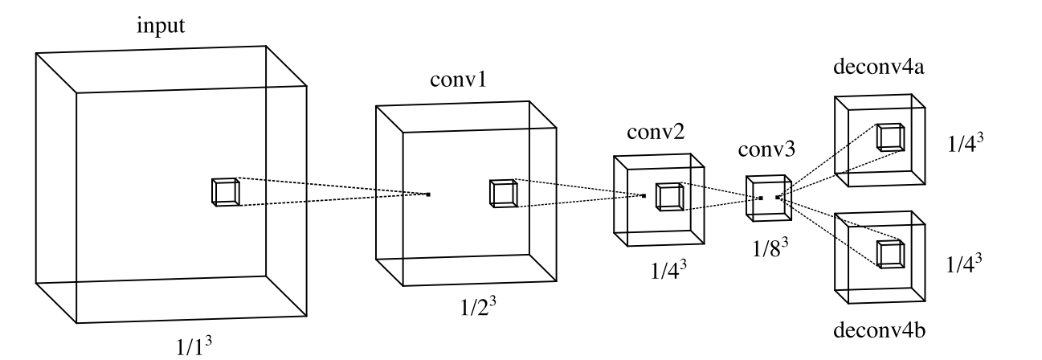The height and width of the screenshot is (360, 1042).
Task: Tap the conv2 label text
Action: tap(657, 135)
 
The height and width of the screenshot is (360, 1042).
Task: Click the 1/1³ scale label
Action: tap(195, 347)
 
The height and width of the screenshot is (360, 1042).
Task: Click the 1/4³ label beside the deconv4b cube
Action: tap(966, 263)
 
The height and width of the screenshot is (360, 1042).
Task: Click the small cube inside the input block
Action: tap(225, 191)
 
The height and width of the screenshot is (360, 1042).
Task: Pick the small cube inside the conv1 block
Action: tap(502, 193)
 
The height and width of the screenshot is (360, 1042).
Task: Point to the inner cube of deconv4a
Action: tap(889, 137)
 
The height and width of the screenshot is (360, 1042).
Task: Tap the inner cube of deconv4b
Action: tap(889, 253)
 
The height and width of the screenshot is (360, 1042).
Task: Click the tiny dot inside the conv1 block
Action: tap(429, 194)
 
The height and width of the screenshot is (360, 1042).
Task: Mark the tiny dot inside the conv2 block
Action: tap(644, 195)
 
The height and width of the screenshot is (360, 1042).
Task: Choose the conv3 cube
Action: tap(769, 196)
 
